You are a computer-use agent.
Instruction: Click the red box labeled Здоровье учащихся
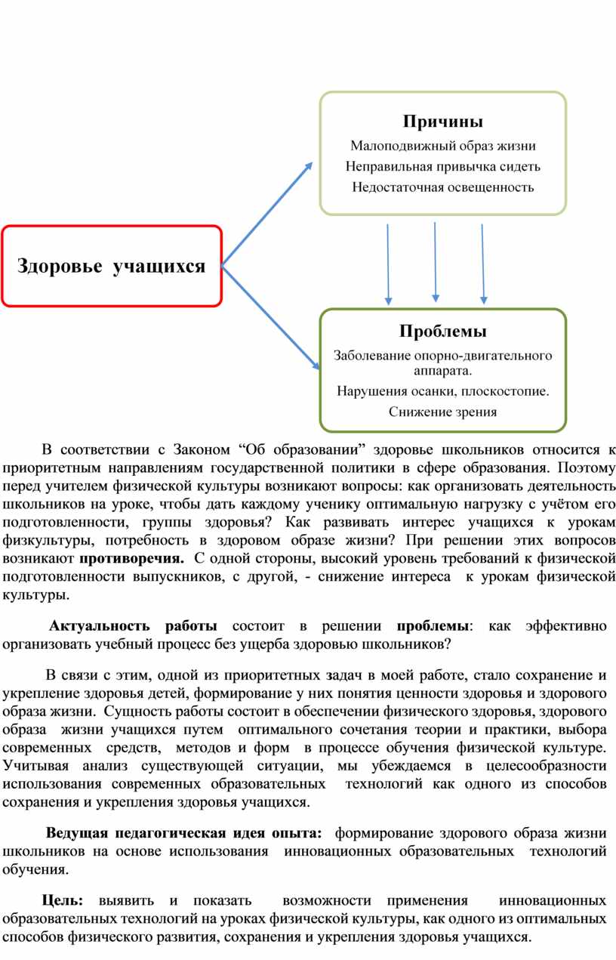[x=111, y=266]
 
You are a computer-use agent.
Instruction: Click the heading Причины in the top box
[x=443, y=122]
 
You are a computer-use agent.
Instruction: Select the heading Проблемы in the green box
[x=443, y=332]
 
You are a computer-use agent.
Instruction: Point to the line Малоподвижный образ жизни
[x=443, y=146]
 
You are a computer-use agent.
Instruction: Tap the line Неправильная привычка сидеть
[x=443, y=166]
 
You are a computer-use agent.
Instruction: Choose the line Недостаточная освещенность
[x=443, y=187]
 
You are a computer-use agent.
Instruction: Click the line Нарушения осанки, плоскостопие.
[x=443, y=391]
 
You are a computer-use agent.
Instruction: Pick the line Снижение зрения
[x=443, y=412]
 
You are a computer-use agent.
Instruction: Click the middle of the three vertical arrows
[x=435, y=261]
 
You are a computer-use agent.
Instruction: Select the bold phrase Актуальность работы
[x=134, y=626]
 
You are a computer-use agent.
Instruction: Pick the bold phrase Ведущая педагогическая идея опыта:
[x=183, y=834]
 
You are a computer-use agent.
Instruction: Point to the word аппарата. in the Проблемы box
[x=443, y=371]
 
